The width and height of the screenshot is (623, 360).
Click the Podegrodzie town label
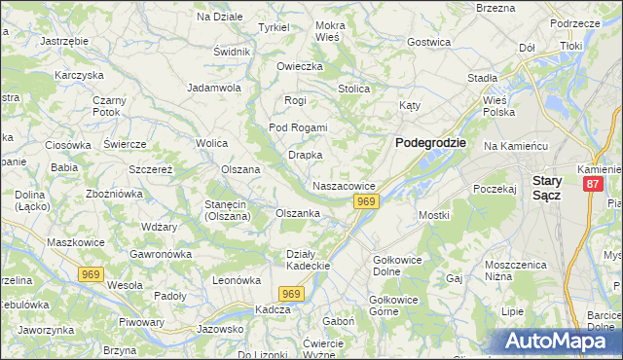pyautogui.click(x=430, y=142)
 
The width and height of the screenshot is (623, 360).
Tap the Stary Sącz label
pyautogui.click(x=553, y=188)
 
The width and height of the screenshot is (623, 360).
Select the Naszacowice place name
pyautogui.click(x=344, y=185)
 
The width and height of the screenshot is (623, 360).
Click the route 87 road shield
pyautogui.click(x=593, y=184)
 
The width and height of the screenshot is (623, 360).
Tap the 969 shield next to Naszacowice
pyautogui.click(x=365, y=201)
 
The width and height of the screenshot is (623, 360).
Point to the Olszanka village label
pyautogui.click(x=298, y=213)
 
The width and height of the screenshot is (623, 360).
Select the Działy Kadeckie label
pyautogui.click(x=310, y=260)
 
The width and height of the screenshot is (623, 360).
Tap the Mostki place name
pyautogui.click(x=433, y=215)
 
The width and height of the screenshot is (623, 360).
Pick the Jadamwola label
pyautogui.click(x=214, y=87)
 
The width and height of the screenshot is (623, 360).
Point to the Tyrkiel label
pyautogui.click(x=273, y=27)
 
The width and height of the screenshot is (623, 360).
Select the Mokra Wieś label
pyautogui.click(x=330, y=31)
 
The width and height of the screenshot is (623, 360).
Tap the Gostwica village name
pyautogui.click(x=429, y=42)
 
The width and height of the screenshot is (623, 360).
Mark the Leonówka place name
pyautogui.click(x=238, y=280)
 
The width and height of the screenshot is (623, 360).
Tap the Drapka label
pyautogui.click(x=305, y=155)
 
